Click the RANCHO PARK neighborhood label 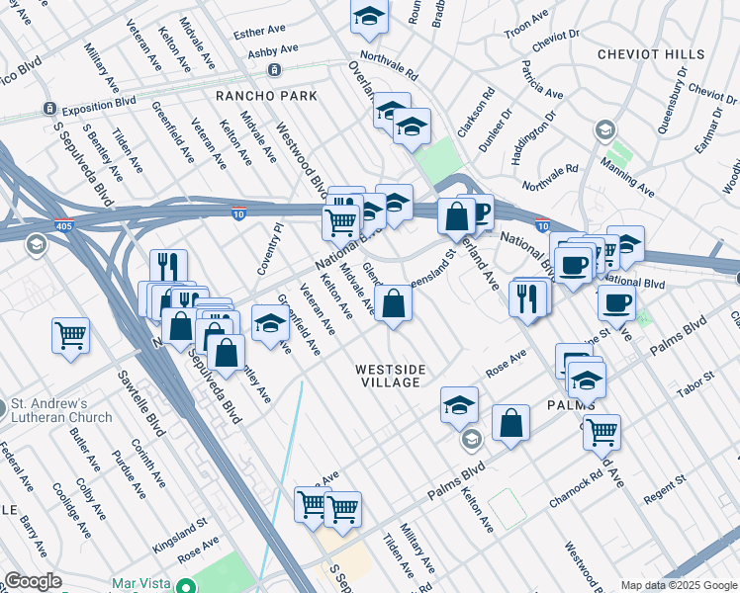pyautogui.click(x=267, y=96)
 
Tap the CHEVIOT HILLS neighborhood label pyautogui.click(x=650, y=54)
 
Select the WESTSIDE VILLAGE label pyautogui.click(x=391, y=376)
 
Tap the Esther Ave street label pyautogui.click(x=260, y=33)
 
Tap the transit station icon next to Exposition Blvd pyautogui.click(x=47, y=108)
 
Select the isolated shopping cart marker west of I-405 pyautogui.click(x=71, y=335)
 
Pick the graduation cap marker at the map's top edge pyautogui.click(x=368, y=16)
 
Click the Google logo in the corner pyautogui.click(x=33, y=581)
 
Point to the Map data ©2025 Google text pyautogui.click(x=678, y=585)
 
